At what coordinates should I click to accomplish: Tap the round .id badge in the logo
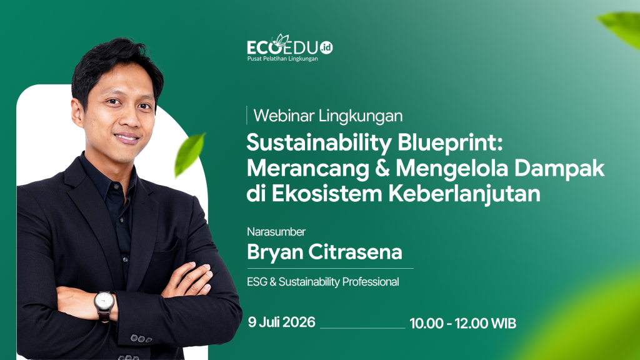click(326, 47)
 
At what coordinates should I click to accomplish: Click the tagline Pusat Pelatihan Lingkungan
click(282, 59)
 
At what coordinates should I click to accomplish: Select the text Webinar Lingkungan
click(328, 116)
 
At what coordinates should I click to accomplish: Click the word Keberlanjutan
click(464, 194)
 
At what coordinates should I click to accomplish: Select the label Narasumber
click(276, 232)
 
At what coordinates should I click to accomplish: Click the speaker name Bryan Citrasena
click(324, 252)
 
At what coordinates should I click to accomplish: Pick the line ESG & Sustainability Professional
click(323, 282)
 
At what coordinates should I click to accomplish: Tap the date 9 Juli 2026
click(282, 322)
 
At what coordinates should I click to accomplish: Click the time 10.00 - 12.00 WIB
click(463, 323)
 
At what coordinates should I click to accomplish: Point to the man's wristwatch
click(104, 304)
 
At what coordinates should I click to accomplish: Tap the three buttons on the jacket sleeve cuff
click(141, 339)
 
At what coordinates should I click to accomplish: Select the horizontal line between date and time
click(362, 327)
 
